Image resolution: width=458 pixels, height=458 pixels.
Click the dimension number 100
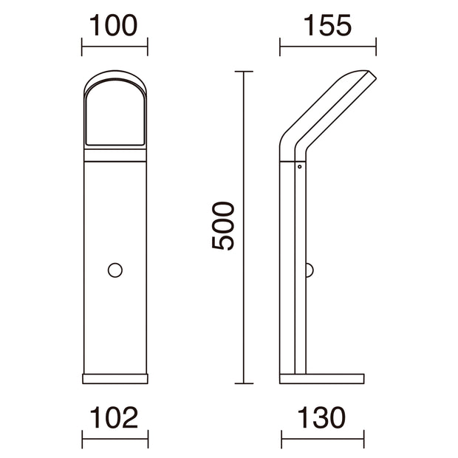[x=113, y=26]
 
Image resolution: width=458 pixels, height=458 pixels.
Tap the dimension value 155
[x=327, y=26]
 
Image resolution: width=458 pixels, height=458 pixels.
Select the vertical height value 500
[x=223, y=226]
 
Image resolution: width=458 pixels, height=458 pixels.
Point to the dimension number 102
[x=114, y=417]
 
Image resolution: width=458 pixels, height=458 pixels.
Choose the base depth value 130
[x=321, y=417]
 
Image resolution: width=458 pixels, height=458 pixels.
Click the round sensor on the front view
[x=115, y=270]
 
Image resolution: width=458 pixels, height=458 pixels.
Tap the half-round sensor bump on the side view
[x=310, y=270]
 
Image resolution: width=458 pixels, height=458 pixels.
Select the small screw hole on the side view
[x=300, y=167]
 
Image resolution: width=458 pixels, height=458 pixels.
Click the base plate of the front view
[x=115, y=378]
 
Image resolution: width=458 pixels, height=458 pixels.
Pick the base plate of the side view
[x=322, y=378]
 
